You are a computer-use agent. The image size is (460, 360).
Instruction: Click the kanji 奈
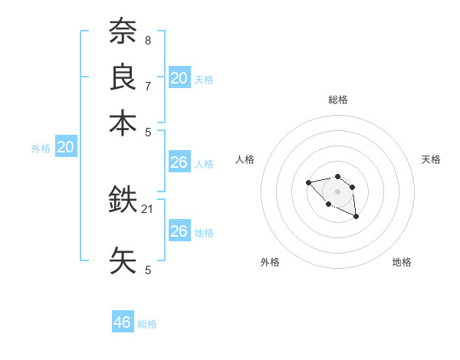coord(123,32)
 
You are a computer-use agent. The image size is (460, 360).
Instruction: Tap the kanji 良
coord(123,77)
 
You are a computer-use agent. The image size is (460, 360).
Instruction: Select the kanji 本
coord(123,123)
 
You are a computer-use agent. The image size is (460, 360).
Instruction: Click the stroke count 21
coord(148,208)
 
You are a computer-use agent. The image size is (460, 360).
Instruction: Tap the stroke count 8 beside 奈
coord(147,39)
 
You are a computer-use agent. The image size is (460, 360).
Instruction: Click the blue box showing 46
coord(123,322)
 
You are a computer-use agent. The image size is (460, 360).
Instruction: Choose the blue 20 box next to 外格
coord(65,148)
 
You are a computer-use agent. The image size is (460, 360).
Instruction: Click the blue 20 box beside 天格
coord(179,77)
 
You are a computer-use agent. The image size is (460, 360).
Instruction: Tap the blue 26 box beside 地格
coord(179,231)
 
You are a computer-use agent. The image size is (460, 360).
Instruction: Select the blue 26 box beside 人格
coord(179,162)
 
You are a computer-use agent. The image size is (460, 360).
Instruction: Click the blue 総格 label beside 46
coord(147,324)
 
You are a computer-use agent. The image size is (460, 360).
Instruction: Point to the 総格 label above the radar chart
coord(337,100)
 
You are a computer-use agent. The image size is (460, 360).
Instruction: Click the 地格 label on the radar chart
coord(402,262)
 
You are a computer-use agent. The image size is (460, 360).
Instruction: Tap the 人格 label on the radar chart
coord(245,159)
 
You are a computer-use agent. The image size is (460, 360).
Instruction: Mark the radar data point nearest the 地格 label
coord(356,218)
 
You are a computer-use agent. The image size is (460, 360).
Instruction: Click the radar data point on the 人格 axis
coord(308,182)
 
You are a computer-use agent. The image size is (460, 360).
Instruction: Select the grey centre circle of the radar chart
coord(337,191)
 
